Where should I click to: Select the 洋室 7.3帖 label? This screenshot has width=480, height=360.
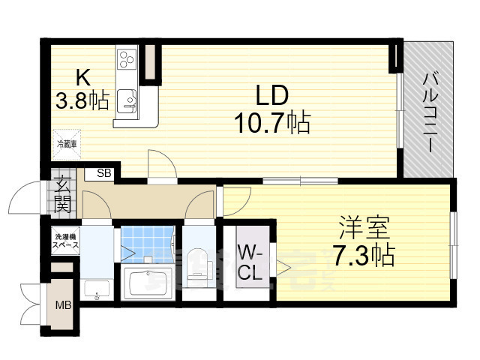(x=363, y=242)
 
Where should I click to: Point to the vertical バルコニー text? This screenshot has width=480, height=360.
(x=430, y=111)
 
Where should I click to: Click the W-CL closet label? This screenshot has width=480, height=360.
(x=250, y=262)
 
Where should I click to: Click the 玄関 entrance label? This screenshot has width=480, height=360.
(x=62, y=193)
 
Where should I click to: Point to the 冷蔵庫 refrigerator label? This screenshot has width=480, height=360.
(x=65, y=143)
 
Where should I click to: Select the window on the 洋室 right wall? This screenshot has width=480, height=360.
(x=453, y=238)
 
